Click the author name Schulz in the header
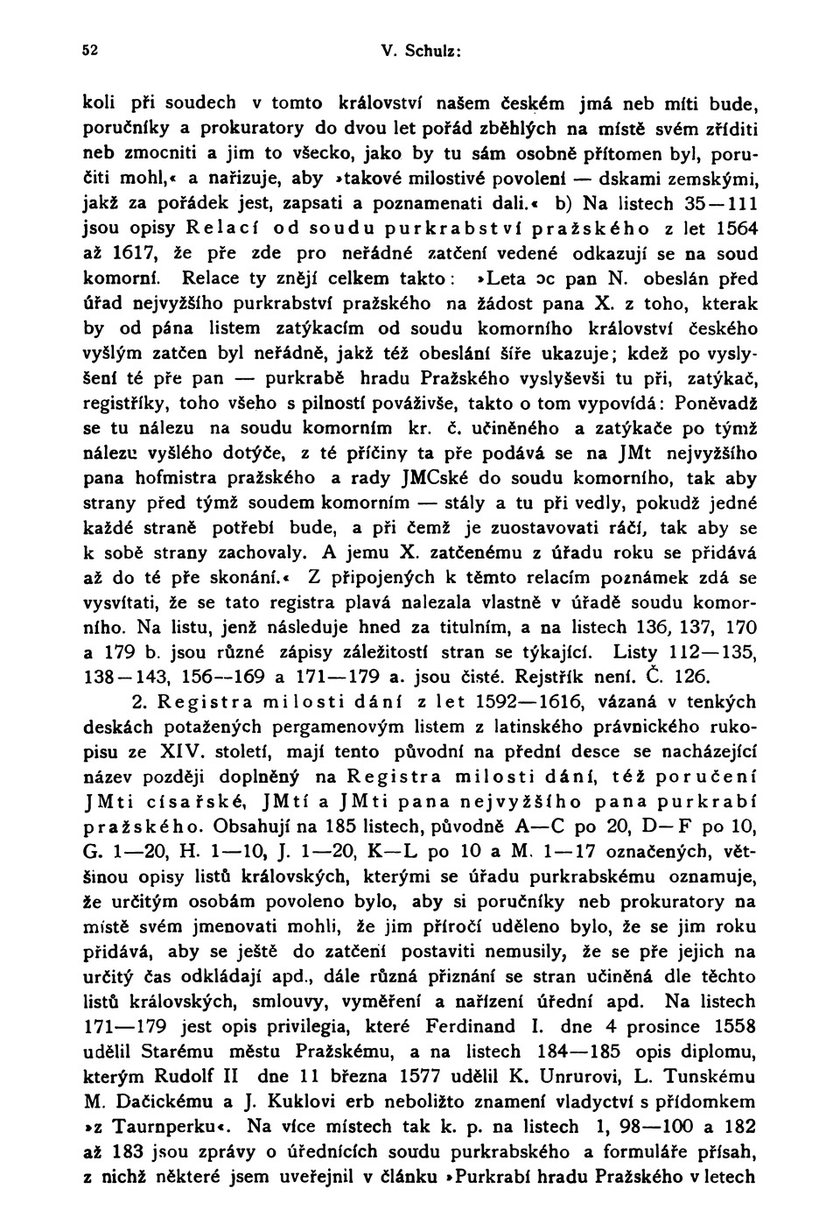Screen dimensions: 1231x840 coord(432,51)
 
